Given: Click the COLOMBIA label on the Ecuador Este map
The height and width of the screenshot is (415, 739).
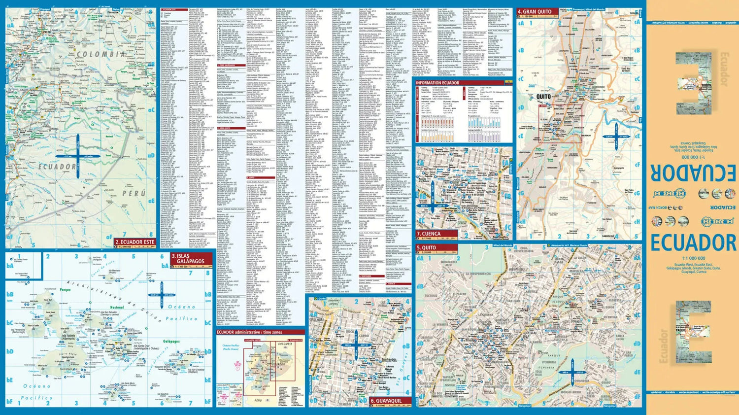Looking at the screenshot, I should coord(101,54).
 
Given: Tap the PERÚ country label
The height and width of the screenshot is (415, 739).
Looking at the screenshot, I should coord(134,194).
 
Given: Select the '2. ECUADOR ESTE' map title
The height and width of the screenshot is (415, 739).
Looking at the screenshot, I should coord(134,242).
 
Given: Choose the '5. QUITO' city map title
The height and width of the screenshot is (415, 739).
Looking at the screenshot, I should coord(427,248).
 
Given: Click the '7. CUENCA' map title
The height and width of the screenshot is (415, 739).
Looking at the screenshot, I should coord(429,234).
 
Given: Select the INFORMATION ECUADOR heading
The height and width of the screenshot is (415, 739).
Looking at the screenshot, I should coord(437,83).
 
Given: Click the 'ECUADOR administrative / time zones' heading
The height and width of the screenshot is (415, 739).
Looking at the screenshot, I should coord(249,332).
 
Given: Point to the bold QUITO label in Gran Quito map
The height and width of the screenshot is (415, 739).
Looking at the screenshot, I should coord(543,97).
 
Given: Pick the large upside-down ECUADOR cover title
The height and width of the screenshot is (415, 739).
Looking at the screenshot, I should coord(693,173).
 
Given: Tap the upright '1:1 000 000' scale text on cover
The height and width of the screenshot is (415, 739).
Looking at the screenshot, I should coord(693,258).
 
